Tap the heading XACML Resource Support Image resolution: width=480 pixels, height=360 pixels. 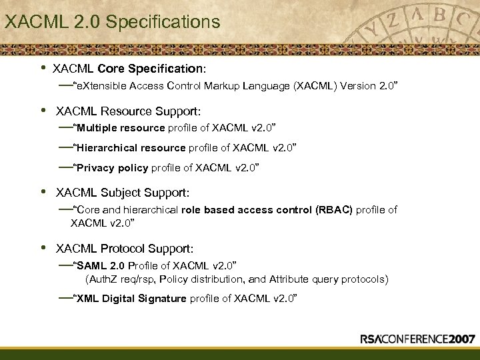pyautogui.click(x=128, y=110)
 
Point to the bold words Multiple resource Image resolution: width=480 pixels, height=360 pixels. pyautogui.click(x=121, y=127)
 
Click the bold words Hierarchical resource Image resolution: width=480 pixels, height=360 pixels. pyautogui.click(x=131, y=147)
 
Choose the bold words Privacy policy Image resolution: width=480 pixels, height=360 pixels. pyautogui.click(x=113, y=168)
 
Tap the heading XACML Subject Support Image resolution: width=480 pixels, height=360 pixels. pyautogui.click(x=123, y=193)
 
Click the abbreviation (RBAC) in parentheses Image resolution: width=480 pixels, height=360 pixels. pyautogui.click(x=331, y=210)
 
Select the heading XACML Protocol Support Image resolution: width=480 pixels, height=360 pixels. pyautogui.click(x=125, y=249)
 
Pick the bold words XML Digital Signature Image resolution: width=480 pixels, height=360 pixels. pyautogui.click(x=131, y=298)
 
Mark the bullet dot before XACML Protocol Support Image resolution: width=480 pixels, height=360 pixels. pyautogui.click(x=43, y=248)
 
